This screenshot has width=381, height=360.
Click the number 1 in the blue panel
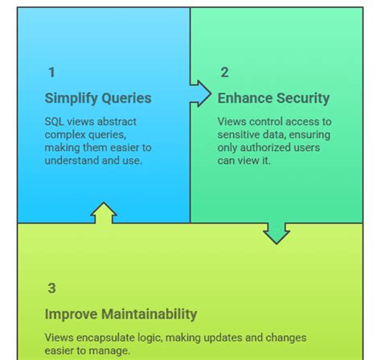51,72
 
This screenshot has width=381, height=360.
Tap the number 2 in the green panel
224,72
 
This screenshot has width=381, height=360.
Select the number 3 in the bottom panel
51,288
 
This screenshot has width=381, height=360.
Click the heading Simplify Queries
97,98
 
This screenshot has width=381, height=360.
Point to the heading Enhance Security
273,98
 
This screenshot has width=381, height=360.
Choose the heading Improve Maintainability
121,313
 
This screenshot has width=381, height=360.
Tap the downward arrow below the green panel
277,233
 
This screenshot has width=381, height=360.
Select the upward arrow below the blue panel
104,212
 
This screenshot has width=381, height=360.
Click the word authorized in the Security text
271,147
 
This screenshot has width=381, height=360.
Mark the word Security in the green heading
301,98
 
